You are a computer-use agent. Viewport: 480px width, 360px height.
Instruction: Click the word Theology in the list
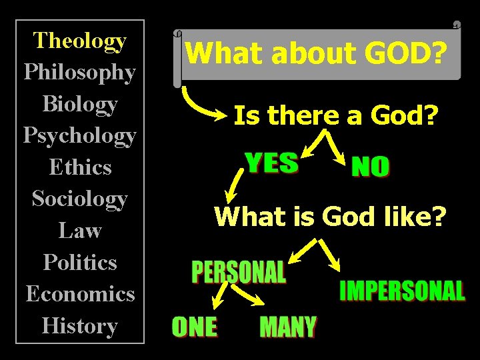[x=80, y=41]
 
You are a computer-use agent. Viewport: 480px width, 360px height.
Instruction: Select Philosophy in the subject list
[x=80, y=72]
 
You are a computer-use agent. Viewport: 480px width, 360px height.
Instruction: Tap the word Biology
[x=80, y=104]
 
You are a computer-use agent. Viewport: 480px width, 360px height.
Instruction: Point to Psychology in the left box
[x=80, y=136]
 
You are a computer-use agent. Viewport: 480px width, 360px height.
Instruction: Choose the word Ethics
[x=80, y=167]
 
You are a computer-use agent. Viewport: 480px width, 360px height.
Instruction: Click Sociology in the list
[x=80, y=199]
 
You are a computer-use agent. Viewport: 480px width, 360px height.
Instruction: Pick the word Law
[x=80, y=231]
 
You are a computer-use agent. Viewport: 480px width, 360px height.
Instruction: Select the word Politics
[x=80, y=262]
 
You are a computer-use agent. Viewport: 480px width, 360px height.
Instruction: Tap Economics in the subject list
[x=80, y=294]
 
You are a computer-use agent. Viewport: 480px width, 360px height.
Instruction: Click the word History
[x=80, y=326]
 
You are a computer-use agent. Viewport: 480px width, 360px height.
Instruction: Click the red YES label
[x=271, y=163]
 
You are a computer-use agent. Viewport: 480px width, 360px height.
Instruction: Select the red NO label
[x=370, y=167]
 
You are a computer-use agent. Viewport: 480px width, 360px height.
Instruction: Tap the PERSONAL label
[x=239, y=272]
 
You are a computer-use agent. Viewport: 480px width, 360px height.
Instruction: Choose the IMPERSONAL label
[x=402, y=291]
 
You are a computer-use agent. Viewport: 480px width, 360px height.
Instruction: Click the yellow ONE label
[x=194, y=327]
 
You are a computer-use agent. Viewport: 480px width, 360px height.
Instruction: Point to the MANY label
[x=287, y=327]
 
